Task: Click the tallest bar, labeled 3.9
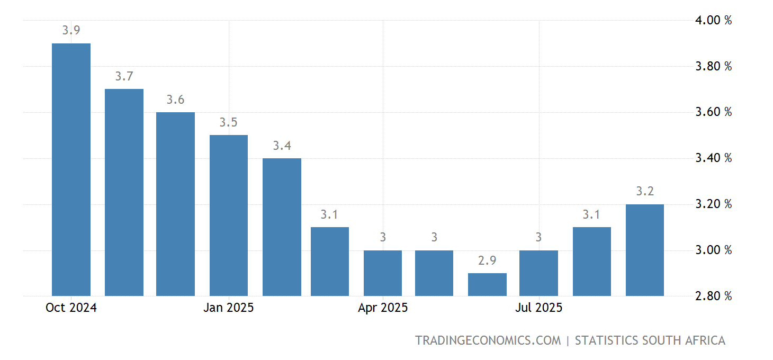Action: click(x=71, y=169)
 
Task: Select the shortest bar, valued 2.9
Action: click(x=487, y=284)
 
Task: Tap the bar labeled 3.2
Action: click(x=644, y=250)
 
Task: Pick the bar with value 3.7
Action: click(x=124, y=192)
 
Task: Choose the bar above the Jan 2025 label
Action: click(x=229, y=215)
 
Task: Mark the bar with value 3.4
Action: click(x=282, y=227)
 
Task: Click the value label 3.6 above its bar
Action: click(x=175, y=100)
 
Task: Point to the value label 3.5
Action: click(x=229, y=122)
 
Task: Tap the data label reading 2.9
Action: click(x=487, y=260)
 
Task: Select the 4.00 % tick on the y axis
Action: click(x=713, y=21)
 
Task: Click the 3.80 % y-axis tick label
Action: click(x=713, y=67)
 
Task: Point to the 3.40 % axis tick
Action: click(x=713, y=158)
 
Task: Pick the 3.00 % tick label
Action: click(x=713, y=250)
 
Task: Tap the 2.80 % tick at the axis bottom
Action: click(x=713, y=296)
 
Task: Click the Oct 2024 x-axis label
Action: click(x=71, y=308)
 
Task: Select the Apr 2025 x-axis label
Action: click(x=383, y=308)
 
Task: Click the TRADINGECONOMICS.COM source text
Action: click(x=488, y=340)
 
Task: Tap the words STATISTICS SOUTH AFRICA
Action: click(x=650, y=340)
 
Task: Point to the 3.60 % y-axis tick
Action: click(x=713, y=112)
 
